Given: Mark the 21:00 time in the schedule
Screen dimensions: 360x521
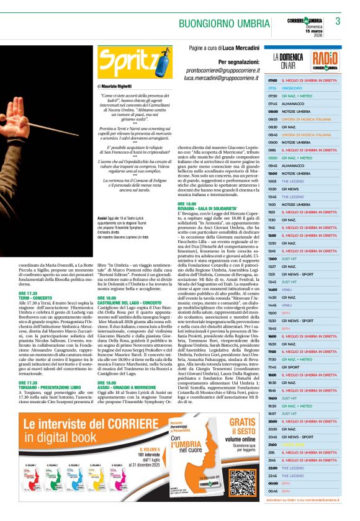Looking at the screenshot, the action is (272, 427).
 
